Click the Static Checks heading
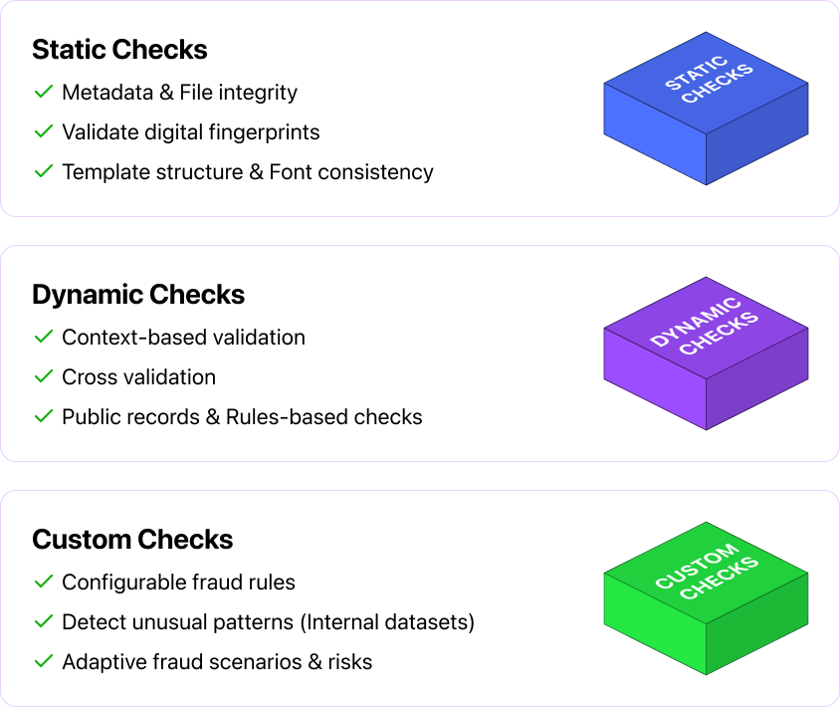(119, 50)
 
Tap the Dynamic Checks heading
(138, 295)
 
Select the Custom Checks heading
(132, 540)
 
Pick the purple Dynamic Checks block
(706, 353)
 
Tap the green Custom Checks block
(706, 597)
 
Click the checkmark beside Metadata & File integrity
(43, 93)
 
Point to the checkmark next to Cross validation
(43, 377)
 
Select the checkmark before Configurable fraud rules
(43, 582)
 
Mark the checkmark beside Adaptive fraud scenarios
(43, 661)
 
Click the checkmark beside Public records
(43, 416)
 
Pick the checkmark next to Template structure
(43, 171)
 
